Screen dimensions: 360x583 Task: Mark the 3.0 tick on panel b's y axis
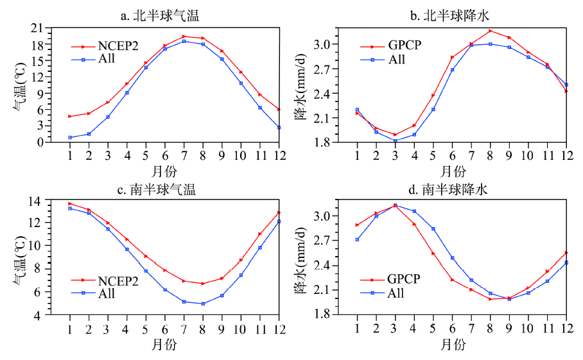tap(340, 44)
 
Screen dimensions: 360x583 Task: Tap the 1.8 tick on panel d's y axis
tap(340, 314)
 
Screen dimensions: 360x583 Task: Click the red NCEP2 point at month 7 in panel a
tap(184, 37)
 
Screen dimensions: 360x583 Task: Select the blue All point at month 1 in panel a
tap(69, 137)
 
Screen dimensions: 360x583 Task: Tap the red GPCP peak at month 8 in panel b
tap(490, 31)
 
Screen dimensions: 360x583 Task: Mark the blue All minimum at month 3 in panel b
tap(395, 141)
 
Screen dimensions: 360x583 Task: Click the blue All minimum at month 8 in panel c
tap(203, 304)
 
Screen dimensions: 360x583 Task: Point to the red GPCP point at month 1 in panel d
tap(357, 225)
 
